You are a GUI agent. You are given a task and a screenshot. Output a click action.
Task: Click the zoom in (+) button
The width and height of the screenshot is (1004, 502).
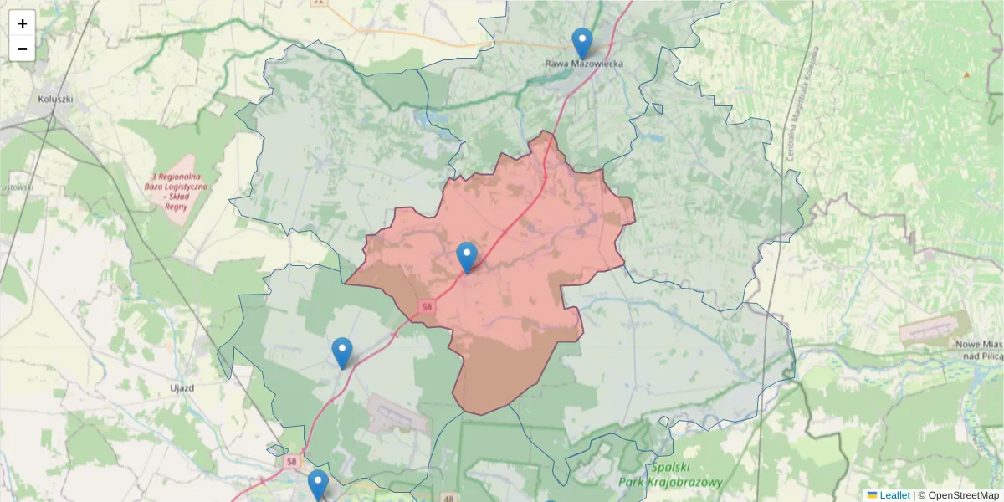tap(23, 23)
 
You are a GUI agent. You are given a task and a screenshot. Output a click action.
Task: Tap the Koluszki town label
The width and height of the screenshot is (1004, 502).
tap(55, 98)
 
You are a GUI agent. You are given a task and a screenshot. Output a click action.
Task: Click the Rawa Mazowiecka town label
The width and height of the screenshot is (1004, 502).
tap(584, 64)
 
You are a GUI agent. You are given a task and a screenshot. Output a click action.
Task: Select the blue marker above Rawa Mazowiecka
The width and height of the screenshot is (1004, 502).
tap(581, 43)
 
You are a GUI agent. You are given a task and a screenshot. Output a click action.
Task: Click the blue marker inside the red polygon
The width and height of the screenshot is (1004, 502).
tap(467, 257)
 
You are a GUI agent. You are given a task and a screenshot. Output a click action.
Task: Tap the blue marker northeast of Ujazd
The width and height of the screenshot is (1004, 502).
tap(342, 352)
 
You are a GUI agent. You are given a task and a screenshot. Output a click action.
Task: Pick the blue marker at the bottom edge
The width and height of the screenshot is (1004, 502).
tap(318, 484)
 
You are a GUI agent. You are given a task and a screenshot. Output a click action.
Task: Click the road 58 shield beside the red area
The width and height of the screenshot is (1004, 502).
tap(428, 307)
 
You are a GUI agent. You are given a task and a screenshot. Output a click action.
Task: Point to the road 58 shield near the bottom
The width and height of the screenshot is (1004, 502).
tap(290, 461)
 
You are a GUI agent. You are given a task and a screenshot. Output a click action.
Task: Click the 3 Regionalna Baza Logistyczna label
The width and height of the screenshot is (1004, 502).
tap(180, 191)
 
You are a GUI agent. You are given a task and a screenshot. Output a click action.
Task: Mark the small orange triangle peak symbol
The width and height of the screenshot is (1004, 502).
tap(966, 74)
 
